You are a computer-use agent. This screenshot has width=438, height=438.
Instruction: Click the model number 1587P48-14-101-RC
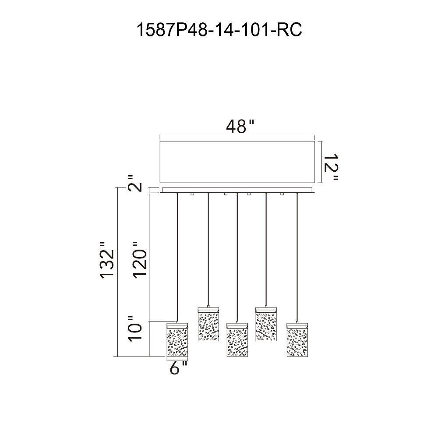click(x=219, y=30)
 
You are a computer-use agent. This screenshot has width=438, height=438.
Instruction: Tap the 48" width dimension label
click(x=240, y=127)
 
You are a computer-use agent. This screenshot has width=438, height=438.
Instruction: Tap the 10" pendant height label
click(x=135, y=329)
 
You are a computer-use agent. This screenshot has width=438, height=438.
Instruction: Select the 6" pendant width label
click(x=178, y=368)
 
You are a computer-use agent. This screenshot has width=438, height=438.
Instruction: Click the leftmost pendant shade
click(x=177, y=340)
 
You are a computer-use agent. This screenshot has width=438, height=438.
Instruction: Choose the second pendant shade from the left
click(x=208, y=324)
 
